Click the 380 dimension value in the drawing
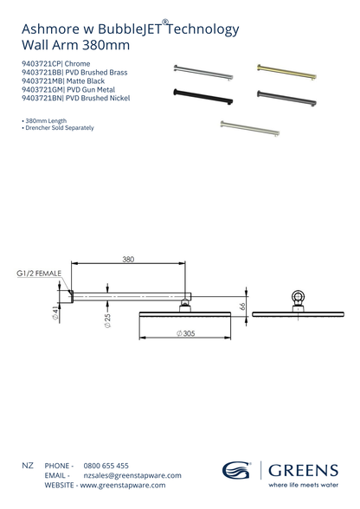128,259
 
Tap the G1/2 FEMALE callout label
39,274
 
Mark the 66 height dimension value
243,305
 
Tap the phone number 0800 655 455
106,466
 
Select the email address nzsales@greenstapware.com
132,475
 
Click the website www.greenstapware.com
124,486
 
